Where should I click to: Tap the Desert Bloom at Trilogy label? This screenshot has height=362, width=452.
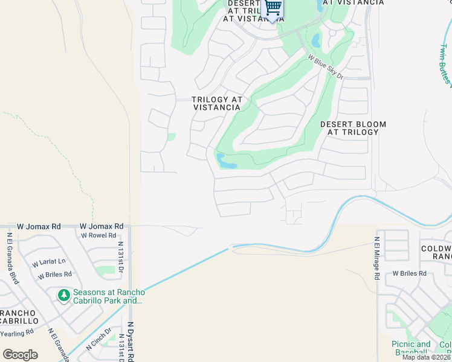pyautogui.click(x=353, y=129)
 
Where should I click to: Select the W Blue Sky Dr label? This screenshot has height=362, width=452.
pyautogui.click(x=325, y=68)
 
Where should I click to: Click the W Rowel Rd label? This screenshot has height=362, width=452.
pyautogui.click(x=98, y=235)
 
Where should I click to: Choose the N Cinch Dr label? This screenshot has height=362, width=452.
pyautogui.click(x=98, y=340)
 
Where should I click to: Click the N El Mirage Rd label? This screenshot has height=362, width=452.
pyautogui.click(x=376, y=258)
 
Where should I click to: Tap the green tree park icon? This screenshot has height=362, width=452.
pyautogui.click(x=63, y=296)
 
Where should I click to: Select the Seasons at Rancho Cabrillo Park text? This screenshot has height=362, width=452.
pyautogui.click(x=108, y=296)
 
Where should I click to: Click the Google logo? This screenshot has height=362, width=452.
pyautogui.click(x=20, y=355)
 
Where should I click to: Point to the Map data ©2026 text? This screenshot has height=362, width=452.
pyautogui.click(x=426, y=357)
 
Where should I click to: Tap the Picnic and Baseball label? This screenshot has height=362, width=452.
pyautogui.click(x=411, y=348)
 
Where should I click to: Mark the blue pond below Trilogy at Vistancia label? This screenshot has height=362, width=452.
pyautogui.click(x=227, y=162)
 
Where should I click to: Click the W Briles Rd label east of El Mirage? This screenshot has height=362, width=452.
pyautogui.click(x=409, y=273)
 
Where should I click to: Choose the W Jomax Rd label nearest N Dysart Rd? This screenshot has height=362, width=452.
pyautogui.click(x=102, y=226)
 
